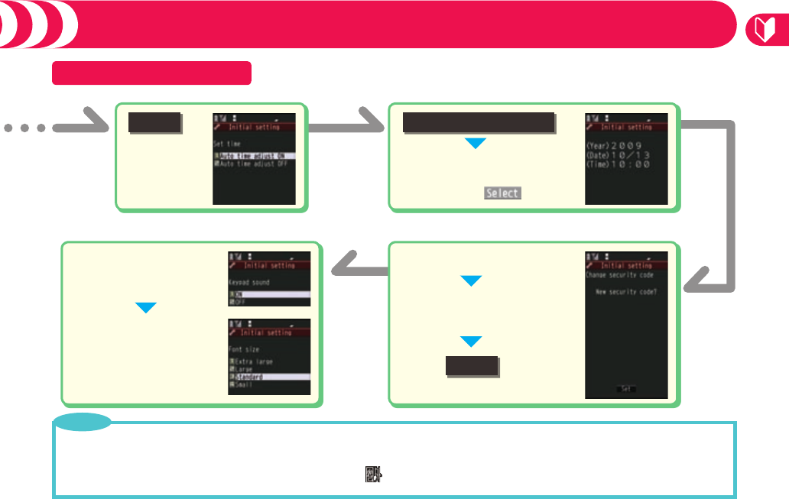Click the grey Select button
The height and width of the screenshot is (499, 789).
point(502,193)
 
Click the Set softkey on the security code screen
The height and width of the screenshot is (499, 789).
point(625,389)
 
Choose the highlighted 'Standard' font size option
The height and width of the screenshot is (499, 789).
point(255,377)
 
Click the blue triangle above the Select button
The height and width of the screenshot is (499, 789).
point(475,143)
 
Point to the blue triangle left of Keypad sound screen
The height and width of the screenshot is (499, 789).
point(145,308)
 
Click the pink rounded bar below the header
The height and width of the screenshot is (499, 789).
point(151,73)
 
